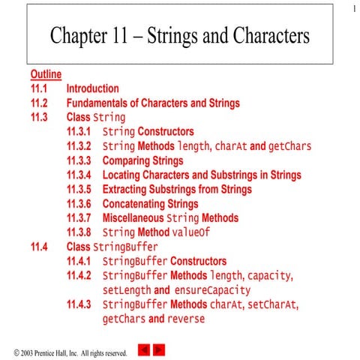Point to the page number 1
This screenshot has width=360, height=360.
click(x=351, y=8)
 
